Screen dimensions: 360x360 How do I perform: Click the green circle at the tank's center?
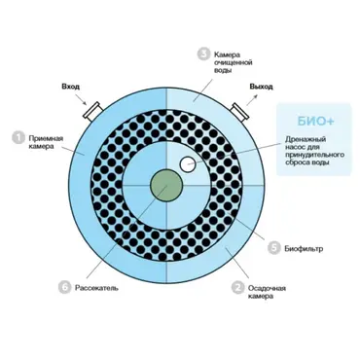(166, 186)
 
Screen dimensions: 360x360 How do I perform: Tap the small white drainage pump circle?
(188, 164)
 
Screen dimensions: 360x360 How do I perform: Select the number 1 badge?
(18, 137)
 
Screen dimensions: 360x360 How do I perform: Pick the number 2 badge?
(237, 287)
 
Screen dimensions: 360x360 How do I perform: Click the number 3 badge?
(203, 54)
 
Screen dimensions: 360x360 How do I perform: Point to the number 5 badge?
(274, 248)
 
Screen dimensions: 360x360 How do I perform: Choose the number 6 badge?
(65, 287)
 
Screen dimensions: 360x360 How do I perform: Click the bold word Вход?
(70, 87)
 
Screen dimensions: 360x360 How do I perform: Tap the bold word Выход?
(261, 87)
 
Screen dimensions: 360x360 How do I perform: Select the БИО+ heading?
(315, 121)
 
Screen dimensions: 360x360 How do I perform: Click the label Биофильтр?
(304, 249)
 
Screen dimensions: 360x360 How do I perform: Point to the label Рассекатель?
(96, 288)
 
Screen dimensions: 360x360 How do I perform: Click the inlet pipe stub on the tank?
(92, 111)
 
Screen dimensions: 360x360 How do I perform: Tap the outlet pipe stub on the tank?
(240, 112)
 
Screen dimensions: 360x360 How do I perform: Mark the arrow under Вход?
(81, 99)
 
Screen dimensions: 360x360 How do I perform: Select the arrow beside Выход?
(252, 99)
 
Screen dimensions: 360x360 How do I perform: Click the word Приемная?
(46, 138)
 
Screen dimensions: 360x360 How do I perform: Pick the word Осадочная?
(267, 288)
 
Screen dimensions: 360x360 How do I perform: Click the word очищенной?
(234, 62)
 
